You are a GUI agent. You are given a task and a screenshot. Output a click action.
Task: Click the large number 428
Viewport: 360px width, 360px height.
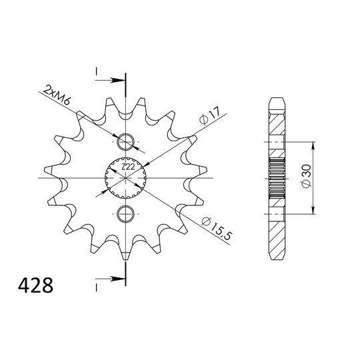coord(35,285)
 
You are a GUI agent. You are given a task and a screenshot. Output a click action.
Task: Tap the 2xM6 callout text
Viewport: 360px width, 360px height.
coord(57,95)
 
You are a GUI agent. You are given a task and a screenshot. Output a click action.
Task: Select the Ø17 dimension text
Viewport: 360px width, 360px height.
coord(209,115)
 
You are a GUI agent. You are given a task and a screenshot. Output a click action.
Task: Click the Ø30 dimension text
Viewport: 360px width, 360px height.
coord(307,176)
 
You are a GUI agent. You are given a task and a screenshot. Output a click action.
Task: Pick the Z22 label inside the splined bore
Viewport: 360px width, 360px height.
coord(128,167)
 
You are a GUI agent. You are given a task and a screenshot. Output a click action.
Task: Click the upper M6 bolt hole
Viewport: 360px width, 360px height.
coord(125,142)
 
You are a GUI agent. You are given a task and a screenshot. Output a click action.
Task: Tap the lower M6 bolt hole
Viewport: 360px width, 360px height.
coord(125,214)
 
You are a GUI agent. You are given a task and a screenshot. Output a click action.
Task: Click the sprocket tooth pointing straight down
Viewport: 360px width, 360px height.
coord(125,253)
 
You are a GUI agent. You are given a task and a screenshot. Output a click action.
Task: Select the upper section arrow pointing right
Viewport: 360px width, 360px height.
coord(111,81)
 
